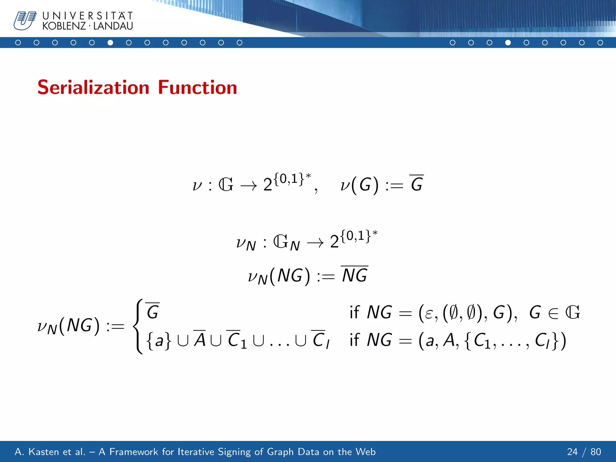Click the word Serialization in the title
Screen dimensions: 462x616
click(93, 88)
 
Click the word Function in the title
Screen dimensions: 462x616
click(197, 88)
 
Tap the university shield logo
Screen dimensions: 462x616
click(25, 20)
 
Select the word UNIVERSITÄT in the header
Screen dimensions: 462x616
click(88, 16)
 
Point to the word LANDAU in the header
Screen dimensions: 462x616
click(113, 26)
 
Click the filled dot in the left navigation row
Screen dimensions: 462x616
click(110, 43)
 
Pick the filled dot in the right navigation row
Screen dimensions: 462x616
click(508, 43)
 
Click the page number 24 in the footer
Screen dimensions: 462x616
click(572, 452)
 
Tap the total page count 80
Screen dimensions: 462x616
click(596, 452)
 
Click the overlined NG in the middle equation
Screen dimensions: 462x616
click(355, 275)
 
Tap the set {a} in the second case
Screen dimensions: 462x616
click(159, 341)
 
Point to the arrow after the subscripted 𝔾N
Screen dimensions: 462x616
click(316, 243)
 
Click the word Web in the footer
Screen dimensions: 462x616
click(365, 452)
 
